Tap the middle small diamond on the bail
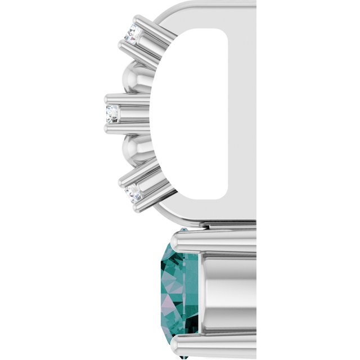(x=112, y=113)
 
